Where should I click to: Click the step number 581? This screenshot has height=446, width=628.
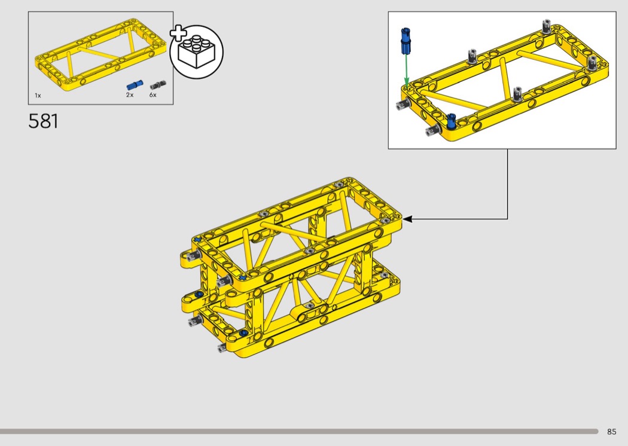[43, 121]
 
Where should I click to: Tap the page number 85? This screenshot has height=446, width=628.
[612, 432]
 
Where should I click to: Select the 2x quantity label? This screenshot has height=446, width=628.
[130, 95]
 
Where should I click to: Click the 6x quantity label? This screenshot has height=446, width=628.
[153, 95]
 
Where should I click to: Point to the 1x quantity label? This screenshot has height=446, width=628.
[38, 95]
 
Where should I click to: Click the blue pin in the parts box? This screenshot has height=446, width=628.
[135, 85]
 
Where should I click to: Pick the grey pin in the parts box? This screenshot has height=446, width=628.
[158, 85]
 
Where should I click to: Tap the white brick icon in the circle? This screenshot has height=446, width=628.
[196, 52]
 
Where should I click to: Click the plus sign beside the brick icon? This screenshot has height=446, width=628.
[178, 33]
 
